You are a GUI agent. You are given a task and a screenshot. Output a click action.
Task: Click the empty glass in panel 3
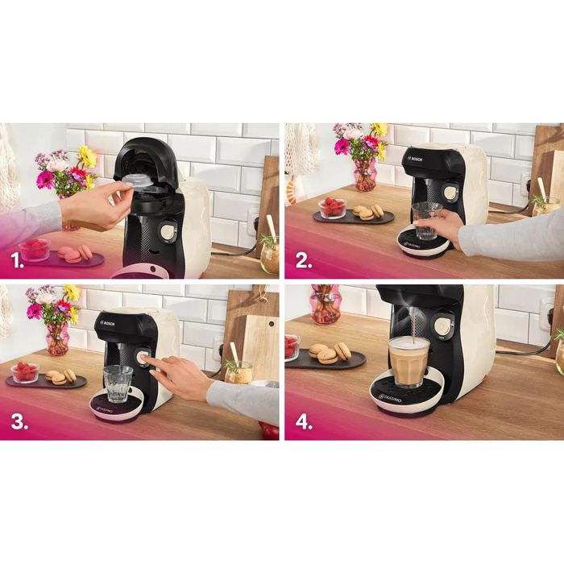118,384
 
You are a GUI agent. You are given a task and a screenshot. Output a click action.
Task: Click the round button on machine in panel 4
442,326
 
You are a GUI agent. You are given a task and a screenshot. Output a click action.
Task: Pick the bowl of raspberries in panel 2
332,208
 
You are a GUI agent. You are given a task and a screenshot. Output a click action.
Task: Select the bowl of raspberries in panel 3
25,372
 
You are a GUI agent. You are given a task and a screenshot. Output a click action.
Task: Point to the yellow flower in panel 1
87,156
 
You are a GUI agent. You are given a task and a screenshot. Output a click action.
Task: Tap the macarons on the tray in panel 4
330,353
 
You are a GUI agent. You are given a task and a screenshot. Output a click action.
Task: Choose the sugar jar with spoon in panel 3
238,370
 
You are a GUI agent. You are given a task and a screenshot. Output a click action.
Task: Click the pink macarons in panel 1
73,254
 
